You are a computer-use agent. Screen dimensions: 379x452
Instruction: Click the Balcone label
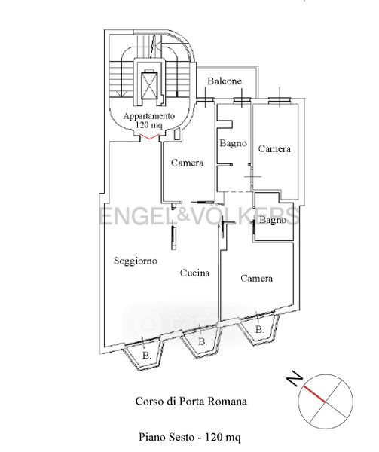pyautogui.click(x=225, y=81)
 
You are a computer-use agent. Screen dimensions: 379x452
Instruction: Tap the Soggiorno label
pyautogui.click(x=136, y=261)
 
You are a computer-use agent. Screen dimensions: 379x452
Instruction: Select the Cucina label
pyautogui.click(x=194, y=273)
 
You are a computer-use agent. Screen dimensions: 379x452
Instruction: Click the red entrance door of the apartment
pyautogui.click(x=150, y=137)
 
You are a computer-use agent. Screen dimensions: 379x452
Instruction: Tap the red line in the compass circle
pyautogui.click(x=314, y=394)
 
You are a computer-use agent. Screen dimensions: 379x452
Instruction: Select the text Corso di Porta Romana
pyautogui.click(x=191, y=402)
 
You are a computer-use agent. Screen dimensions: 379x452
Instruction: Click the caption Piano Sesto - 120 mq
pyautogui.click(x=190, y=437)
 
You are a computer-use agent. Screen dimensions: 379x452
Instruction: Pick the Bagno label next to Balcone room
pyautogui.click(x=233, y=143)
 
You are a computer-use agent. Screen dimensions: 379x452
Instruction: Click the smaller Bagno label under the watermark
pyautogui.click(x=273, y=221)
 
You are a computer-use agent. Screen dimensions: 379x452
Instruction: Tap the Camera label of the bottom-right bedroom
pyautogui.click(x=256, y=279)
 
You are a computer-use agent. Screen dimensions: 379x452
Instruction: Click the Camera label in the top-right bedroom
pyautogui.click(x=274, y=148)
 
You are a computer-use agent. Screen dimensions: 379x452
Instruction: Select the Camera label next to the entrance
pyautogui.click(x=187, y=163)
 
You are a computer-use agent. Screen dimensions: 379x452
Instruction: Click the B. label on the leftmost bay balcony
pyautogui.click(x=147, y=356)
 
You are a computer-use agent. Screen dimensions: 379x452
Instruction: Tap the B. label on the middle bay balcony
pyautogui.click(x=203, y=342)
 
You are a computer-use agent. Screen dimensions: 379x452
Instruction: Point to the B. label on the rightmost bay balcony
pyautogui.click(x=260, y=330)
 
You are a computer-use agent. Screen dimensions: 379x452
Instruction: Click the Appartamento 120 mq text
pyautogui.click(x=149, y=121)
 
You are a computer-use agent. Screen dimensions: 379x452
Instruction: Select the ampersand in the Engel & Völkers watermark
pyautogui.click(x=184, y=215)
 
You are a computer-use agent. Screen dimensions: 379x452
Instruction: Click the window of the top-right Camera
pyautogui.click(x=280, y=100)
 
